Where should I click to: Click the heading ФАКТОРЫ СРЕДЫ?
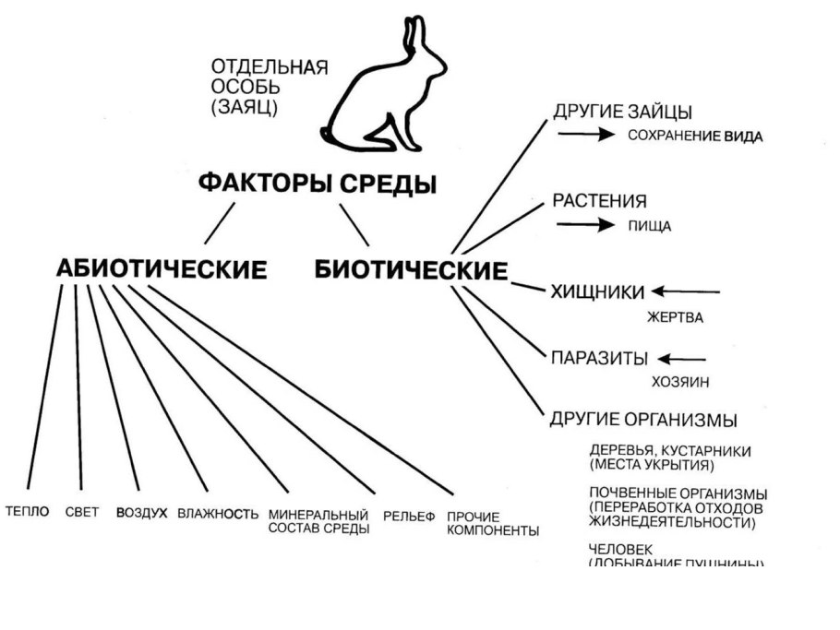318,183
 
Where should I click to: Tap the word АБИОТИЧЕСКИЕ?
162,269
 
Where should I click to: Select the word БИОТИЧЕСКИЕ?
411,270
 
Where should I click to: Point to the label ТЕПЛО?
28,513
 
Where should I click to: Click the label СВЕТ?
82,513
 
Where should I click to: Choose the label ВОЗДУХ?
141,514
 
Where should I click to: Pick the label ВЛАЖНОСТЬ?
218,514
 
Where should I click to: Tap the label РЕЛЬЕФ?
409,516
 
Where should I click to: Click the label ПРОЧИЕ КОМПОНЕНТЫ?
493,523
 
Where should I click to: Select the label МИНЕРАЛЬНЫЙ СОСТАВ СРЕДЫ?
318,521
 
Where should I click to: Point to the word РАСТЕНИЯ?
599,201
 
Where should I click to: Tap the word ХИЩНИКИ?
597,292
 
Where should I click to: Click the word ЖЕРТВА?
674,318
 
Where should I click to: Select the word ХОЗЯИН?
680,381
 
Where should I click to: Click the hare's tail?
329,128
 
